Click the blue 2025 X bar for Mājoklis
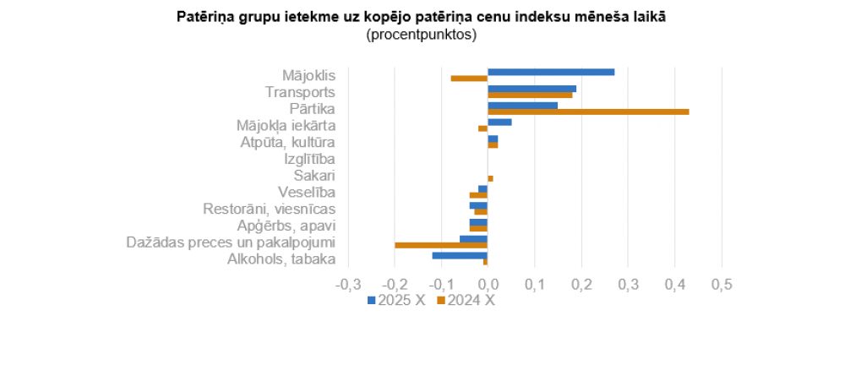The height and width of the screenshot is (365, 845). point(551,72)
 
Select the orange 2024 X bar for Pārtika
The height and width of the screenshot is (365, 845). point(588,112)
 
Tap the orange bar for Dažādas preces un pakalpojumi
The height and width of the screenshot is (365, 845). point(441,245)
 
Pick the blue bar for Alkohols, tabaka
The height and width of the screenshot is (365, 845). point(460,255)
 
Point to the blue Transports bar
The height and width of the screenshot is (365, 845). point(532,89)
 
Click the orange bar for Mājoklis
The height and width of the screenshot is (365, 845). point(469,79)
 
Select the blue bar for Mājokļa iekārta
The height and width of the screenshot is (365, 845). point(499,122)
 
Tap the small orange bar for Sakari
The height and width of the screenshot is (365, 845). point(490,178)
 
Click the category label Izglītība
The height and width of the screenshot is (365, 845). point(310,159)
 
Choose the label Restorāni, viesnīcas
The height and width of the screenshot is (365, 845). point(270,209)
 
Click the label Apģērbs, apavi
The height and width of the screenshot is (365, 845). point(286,226)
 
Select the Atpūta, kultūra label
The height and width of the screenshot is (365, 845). point(288,142)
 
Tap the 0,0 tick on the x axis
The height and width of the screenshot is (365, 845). point(488,285)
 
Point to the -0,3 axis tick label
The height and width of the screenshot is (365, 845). point(348,285)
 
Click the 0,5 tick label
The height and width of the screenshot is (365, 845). point(720,285)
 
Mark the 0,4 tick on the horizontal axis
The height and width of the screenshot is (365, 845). point(673,285)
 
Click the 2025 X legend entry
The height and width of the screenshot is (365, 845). point(396,300)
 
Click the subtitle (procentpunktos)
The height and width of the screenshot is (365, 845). point(422,35)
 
